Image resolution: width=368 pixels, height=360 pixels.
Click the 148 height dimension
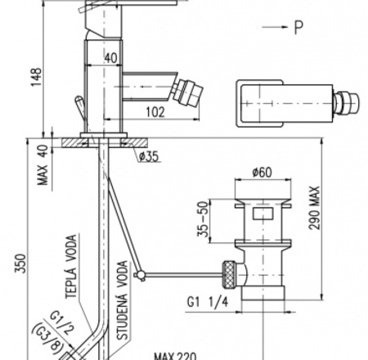coord(36,77)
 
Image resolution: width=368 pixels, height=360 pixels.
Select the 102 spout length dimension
coord(155,112)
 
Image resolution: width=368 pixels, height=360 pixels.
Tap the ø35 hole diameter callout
coord(149,156)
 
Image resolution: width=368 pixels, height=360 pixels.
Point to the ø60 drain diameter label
coord(262,172)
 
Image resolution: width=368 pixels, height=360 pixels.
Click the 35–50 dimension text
coord(203,219)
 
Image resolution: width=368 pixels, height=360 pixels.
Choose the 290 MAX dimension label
coord(314,208)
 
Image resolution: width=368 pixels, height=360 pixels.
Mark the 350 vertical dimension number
coord(20,263)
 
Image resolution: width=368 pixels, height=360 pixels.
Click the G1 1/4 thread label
coord(207,302)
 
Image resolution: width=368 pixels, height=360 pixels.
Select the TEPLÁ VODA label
coord(71,267)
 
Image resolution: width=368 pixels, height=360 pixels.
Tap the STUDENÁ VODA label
coord(123,300)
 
